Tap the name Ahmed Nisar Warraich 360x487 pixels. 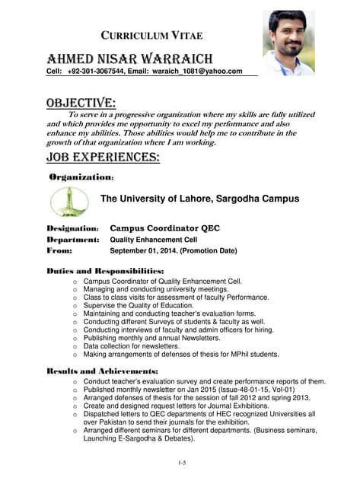pyautogui.click(x=129, y=59)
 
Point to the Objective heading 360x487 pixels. pyautogui.click(x=81, y=103)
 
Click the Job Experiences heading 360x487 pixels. pyautogui.click(x=103, y=158)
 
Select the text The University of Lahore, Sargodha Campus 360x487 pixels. pyautogui.click(x=199, y=199)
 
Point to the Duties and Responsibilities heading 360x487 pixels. pyautogui.click(x=105, y=271)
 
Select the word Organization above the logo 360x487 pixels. pyautogui.click(x=80, y=177)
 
